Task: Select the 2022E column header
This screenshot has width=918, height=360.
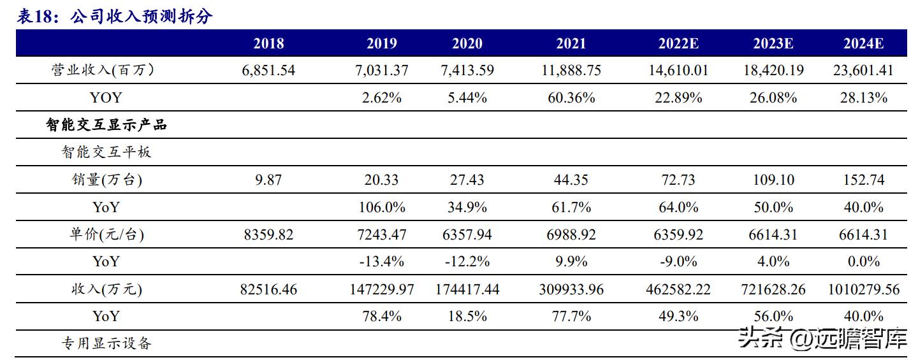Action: tap(678, 44)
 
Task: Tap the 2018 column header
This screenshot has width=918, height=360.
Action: tap(268, 44)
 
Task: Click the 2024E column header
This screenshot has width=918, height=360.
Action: tap(863, 44)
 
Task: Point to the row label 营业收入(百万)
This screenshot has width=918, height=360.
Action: tap(103, 71)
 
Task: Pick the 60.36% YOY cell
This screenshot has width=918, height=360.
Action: tap(572, 97)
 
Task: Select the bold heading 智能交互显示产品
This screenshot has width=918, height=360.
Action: tap(106, 125)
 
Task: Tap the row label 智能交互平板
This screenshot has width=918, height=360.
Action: tap(106, 152)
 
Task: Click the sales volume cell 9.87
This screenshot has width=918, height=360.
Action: tap(268, 180)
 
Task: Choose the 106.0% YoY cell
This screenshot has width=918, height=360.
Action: tap(382, 207)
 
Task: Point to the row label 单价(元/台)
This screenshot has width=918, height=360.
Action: tap(106, 234)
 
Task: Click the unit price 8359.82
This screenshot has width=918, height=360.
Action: tap(268, 234)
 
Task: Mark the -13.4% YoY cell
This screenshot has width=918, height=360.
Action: tap(382, 261)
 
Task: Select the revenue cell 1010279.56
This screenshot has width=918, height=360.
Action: tap(863, 289)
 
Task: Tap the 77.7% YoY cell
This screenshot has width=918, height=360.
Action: tap(572, 316)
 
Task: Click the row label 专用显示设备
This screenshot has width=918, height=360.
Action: tap(106, 343)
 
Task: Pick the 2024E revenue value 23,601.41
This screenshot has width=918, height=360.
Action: tap(863, 71)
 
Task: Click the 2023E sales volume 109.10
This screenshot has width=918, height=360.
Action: tap(773, 180)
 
